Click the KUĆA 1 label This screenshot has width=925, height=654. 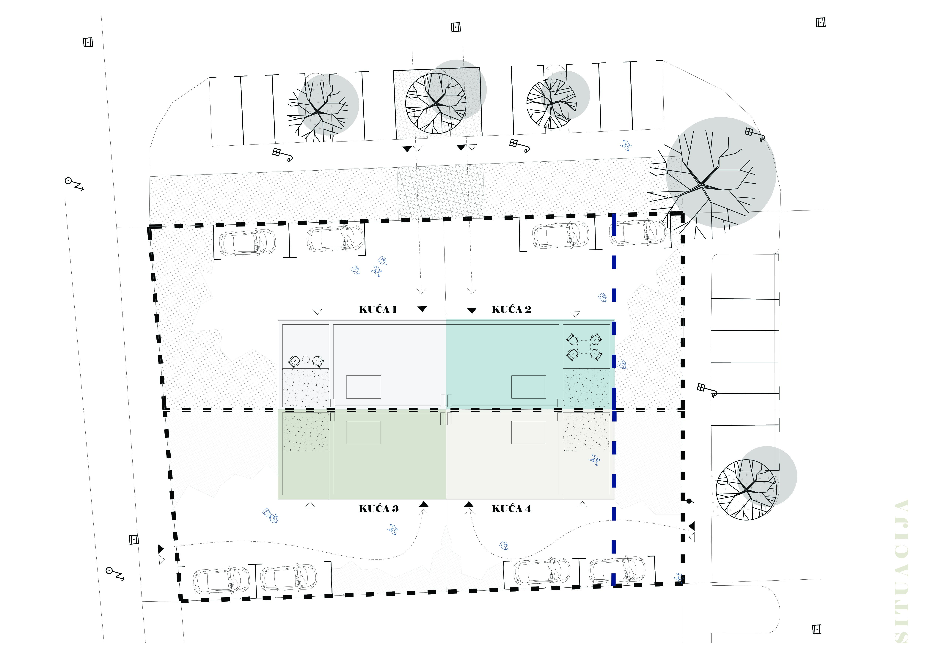pyautogui.click(x=378, y=309)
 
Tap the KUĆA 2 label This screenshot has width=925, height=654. pyautogui.click(x=511, y=309)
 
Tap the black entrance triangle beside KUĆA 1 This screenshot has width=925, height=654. pyautogui.click(x=422, y=309)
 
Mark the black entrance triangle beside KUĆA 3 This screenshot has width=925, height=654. pyautogui.click(x=423, y=504)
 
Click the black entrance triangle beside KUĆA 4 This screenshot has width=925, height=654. pyautogui.click(x=469, y=504)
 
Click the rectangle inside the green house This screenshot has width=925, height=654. pyautogui.click(x=363, y=433)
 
